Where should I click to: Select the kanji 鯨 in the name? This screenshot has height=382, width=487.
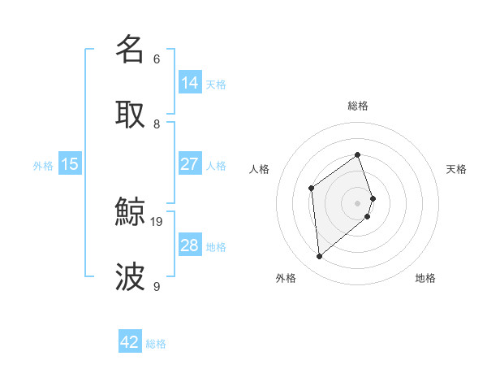click(130, 212)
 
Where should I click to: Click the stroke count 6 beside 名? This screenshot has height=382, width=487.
click(157, 59)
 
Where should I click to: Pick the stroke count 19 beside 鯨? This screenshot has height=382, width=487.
click(157, 221)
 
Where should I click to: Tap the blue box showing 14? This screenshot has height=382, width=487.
click(190, 83)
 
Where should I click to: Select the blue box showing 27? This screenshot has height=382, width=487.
click(190, 164)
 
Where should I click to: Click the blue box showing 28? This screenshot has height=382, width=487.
click(190, 245)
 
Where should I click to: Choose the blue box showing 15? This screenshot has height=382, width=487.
click(70, 164)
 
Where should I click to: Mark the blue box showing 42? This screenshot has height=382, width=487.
click(130, 342)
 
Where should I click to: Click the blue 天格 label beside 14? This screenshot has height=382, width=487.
click(216, 84)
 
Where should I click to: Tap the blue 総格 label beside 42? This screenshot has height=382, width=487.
click(156, 344)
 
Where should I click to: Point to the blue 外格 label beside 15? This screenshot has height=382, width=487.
click(43, 165)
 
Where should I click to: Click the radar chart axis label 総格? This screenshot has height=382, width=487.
click(357, 106)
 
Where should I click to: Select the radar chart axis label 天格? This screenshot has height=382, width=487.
click(456, 169)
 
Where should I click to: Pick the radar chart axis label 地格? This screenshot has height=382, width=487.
click(425, 278)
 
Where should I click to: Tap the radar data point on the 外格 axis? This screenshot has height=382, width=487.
click(320, 257)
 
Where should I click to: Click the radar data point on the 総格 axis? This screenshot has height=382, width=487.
click(357, 154)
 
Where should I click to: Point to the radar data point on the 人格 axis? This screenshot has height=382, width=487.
click(311, 189)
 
